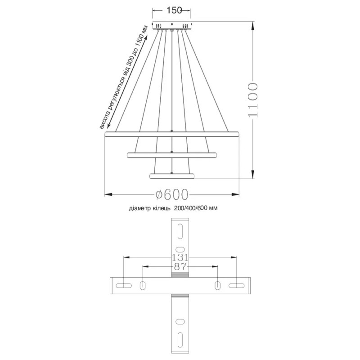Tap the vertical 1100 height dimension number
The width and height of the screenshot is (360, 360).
point(252,100)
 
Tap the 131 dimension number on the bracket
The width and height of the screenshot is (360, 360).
point(180,257)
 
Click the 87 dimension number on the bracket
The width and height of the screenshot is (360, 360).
point(180,267)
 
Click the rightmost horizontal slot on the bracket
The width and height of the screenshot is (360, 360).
point(236,285)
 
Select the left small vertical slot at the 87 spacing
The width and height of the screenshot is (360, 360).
point(143,285)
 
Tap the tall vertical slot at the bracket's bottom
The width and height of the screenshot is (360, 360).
point(180,339)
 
